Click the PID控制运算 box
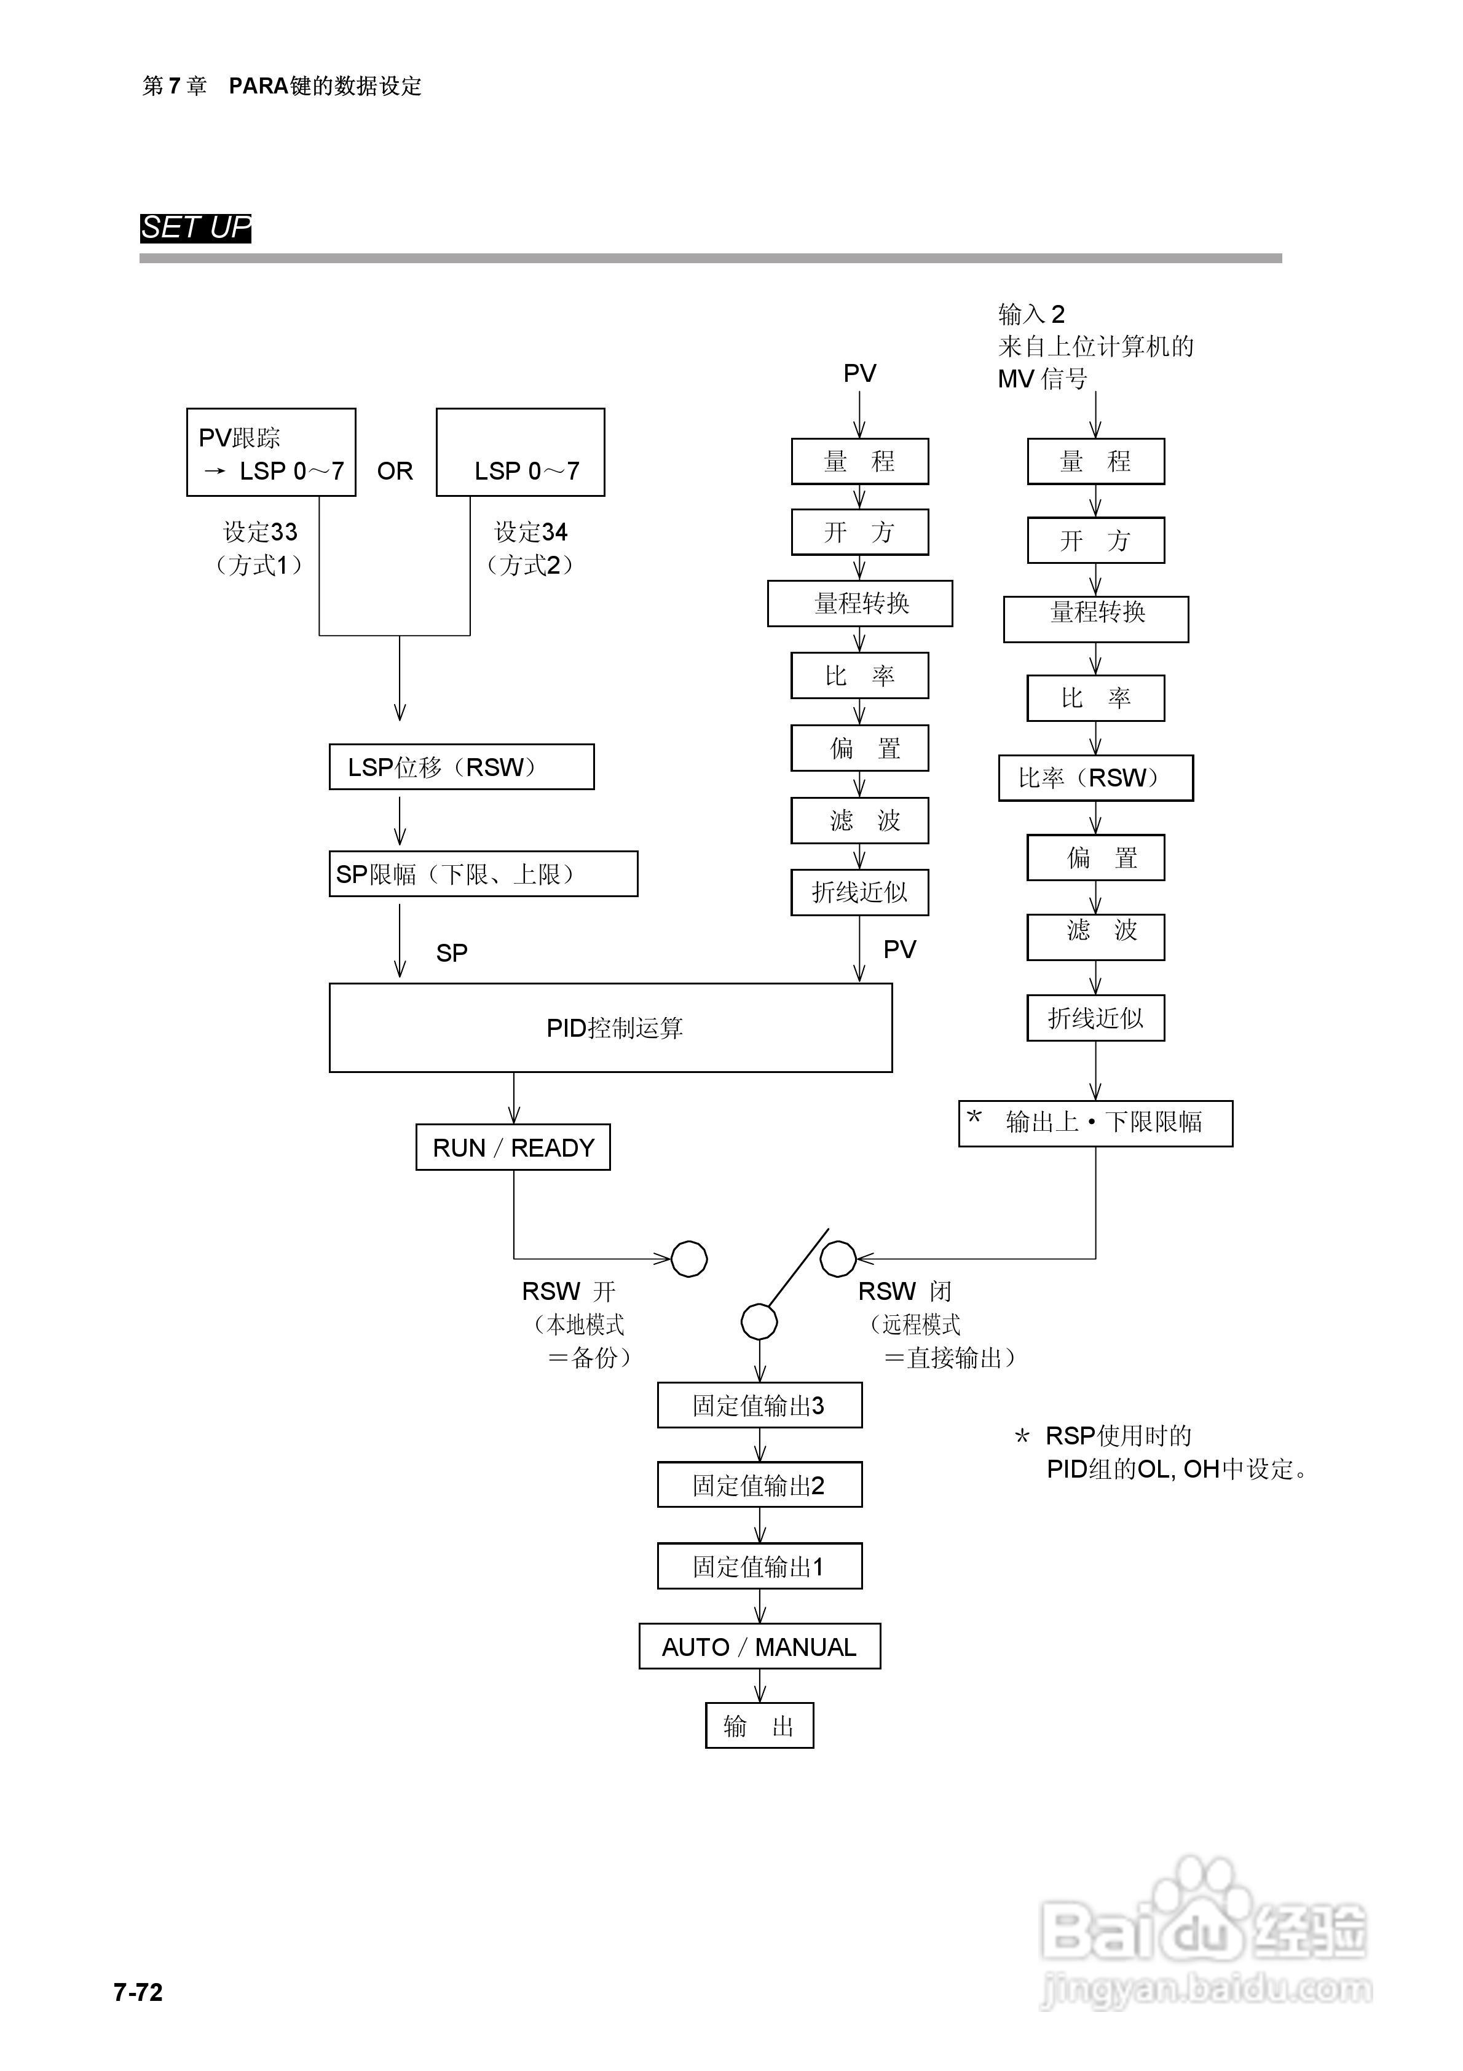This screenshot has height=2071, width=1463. coord(610,1028)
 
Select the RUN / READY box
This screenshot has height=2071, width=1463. coord(513,1147)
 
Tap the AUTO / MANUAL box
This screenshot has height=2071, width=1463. coord(759,1647)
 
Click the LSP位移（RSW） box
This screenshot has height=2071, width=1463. coord(462,767)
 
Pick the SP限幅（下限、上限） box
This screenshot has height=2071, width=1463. coord(483,874)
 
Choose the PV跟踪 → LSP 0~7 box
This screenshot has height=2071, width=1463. coord(272,453)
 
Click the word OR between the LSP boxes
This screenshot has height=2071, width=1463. coord(395,471)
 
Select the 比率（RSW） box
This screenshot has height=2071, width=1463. coord(1096,777)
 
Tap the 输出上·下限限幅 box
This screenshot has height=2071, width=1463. coord(1096,1123)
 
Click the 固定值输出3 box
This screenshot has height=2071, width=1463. coord(759,1405)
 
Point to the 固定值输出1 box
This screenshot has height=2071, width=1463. coord(759,1567)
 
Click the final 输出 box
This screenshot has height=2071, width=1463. coord(759,1725)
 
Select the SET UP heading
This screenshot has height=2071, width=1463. coord(195,228)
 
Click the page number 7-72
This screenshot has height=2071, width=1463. coord(138,1992)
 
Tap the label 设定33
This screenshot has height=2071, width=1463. coord(261,532)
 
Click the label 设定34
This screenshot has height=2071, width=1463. coord(531,532)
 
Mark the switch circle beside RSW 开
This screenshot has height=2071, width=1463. coord(689,1259)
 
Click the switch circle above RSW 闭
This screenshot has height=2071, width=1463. coord(838,1259)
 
